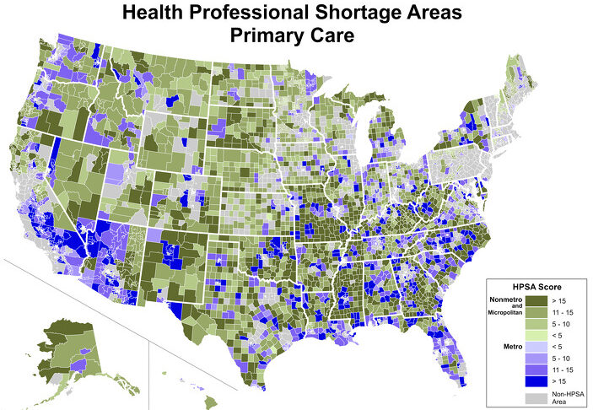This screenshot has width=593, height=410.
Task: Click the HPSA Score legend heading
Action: click(537, 287)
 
